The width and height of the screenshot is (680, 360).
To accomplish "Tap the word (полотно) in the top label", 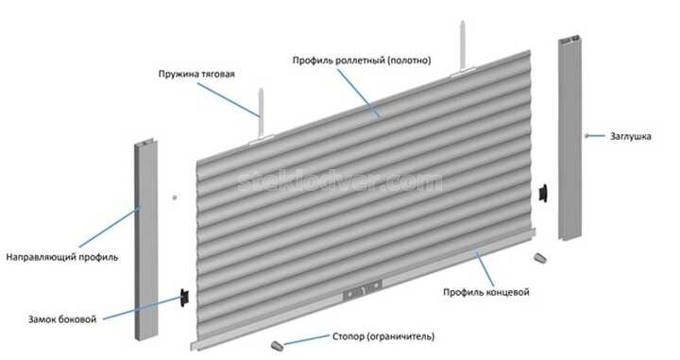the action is pyautogui.click(x=409, y=60).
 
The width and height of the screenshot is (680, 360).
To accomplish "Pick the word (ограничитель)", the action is pyautogui.click(x=397, y=336).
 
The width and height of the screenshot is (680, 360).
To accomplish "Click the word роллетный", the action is pyautogui.click(x=351, y=60).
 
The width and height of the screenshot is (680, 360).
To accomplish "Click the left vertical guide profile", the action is pyautogui.click(x=144, y=246).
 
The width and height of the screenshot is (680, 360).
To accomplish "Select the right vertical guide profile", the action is pyautogui.click(x=572, y=142).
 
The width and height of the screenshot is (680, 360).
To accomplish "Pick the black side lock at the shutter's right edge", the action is pyautogui.click(x=545, y=192).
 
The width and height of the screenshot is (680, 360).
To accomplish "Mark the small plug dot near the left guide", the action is pyautogui.click(x=176, y=197).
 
